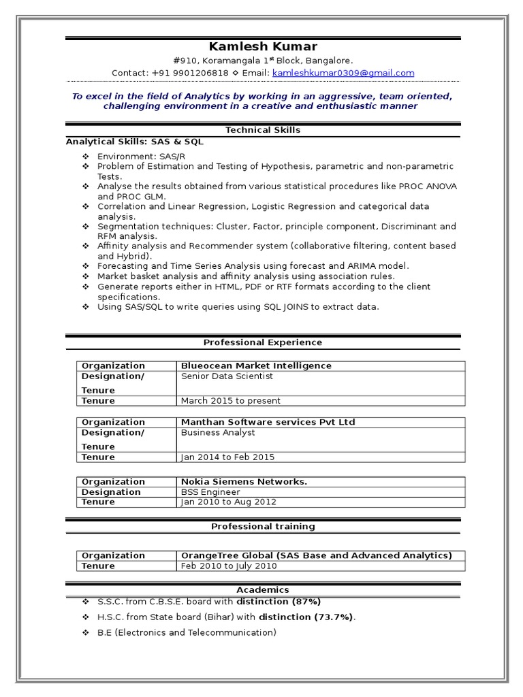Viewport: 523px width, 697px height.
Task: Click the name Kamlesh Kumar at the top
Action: coord(263,46)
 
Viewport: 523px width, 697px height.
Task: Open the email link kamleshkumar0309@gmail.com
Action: coord(343,73)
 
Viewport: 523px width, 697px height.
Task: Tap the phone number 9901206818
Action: coord(191,73)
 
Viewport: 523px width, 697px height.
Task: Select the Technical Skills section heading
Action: coord(263,130)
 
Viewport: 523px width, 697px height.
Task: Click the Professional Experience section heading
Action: coord(263,342)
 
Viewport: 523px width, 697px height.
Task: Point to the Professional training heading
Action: coord(263,526)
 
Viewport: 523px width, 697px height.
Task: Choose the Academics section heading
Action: coord(263,589)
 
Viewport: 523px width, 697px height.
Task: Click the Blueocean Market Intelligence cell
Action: coord(256,366)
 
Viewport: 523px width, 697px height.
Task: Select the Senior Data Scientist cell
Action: coord(227,376)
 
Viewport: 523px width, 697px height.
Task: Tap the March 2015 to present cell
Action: coord(231,401)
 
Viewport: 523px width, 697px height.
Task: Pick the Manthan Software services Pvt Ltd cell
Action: coord(268,422)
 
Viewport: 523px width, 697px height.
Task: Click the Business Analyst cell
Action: coord(218,432)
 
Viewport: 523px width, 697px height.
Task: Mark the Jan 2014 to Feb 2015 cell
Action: coord(228,457)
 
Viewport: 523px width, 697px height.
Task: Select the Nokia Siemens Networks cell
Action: coord(244,481)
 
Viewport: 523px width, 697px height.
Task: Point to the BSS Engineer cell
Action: coord(210,491)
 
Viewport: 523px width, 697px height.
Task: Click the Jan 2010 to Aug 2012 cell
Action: coord(229,502)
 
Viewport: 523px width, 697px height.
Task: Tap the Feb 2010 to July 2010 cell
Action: coord(229,566)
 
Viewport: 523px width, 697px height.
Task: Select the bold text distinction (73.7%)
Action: coord(306,617)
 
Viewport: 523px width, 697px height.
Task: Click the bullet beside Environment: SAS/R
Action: coord(86,157)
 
